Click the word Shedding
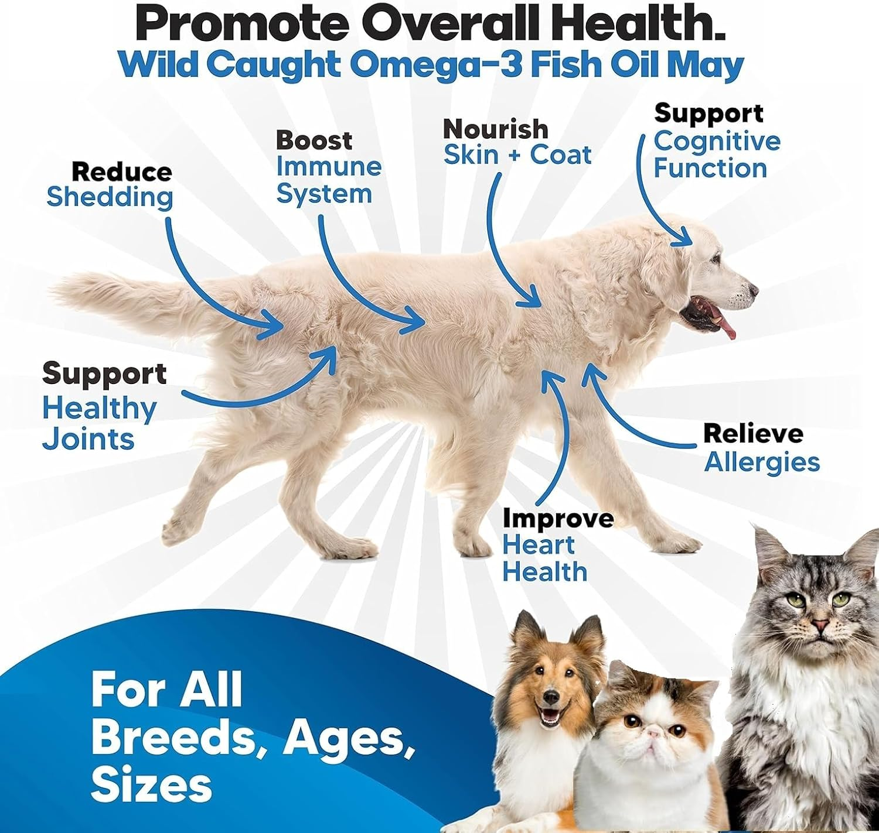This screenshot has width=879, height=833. [110, 197]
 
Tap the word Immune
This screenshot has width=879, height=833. [329, 167]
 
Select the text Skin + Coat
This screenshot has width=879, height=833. [517, 155]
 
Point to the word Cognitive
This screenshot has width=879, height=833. [717, 142]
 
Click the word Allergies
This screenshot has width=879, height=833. [761, 462]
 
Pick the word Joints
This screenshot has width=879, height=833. [88, 439]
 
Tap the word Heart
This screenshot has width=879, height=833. [538, 545]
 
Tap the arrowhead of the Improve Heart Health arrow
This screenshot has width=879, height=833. [550, 375]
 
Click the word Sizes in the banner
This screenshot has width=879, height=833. [151, 784]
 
